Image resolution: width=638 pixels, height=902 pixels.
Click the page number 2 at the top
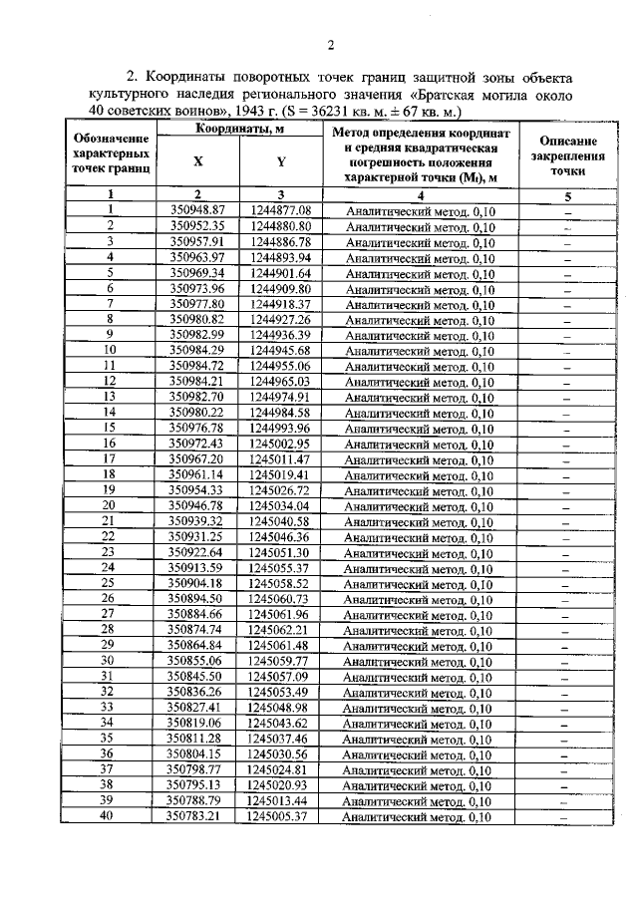[330, 44]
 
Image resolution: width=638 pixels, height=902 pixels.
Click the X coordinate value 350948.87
[198, 211]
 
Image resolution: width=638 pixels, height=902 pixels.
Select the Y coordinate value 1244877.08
[282, 211]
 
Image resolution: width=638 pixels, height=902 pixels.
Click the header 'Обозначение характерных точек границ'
[112, 156]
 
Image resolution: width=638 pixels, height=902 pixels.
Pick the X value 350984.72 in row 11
[198, 366]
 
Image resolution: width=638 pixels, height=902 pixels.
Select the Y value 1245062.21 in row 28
[282, 630]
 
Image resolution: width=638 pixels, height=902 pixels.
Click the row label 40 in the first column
[110, 816]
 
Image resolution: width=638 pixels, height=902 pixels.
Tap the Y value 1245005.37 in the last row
[282, 816]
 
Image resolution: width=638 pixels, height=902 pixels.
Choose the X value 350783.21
[198, 816]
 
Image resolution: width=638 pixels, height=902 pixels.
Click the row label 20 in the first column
[110, 505]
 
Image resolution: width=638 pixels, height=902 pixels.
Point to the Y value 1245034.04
[282, 505]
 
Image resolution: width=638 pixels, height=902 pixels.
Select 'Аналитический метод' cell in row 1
[420, 211]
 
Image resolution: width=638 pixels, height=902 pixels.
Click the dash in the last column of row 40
[565, 816]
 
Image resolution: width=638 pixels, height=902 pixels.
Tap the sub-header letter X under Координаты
[197, 164]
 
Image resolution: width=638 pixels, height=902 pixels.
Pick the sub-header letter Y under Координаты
[282, 164]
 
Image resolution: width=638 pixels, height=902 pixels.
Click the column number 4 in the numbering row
[420, 195]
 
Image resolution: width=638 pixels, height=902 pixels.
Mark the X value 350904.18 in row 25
[198, 583]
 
